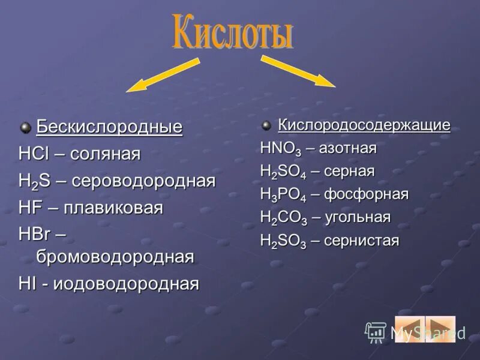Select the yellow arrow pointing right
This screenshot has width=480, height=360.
coord(298,71)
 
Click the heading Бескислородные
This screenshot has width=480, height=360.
coord(109,127)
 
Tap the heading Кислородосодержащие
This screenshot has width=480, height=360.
coord(364,125)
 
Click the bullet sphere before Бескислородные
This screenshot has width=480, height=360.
coord(26,128)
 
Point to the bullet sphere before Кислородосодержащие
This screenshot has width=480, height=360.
coord(266,126)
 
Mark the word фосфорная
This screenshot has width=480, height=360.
coord(367,194)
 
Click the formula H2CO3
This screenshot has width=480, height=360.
coord(284,218)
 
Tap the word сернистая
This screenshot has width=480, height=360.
coord(362,241)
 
